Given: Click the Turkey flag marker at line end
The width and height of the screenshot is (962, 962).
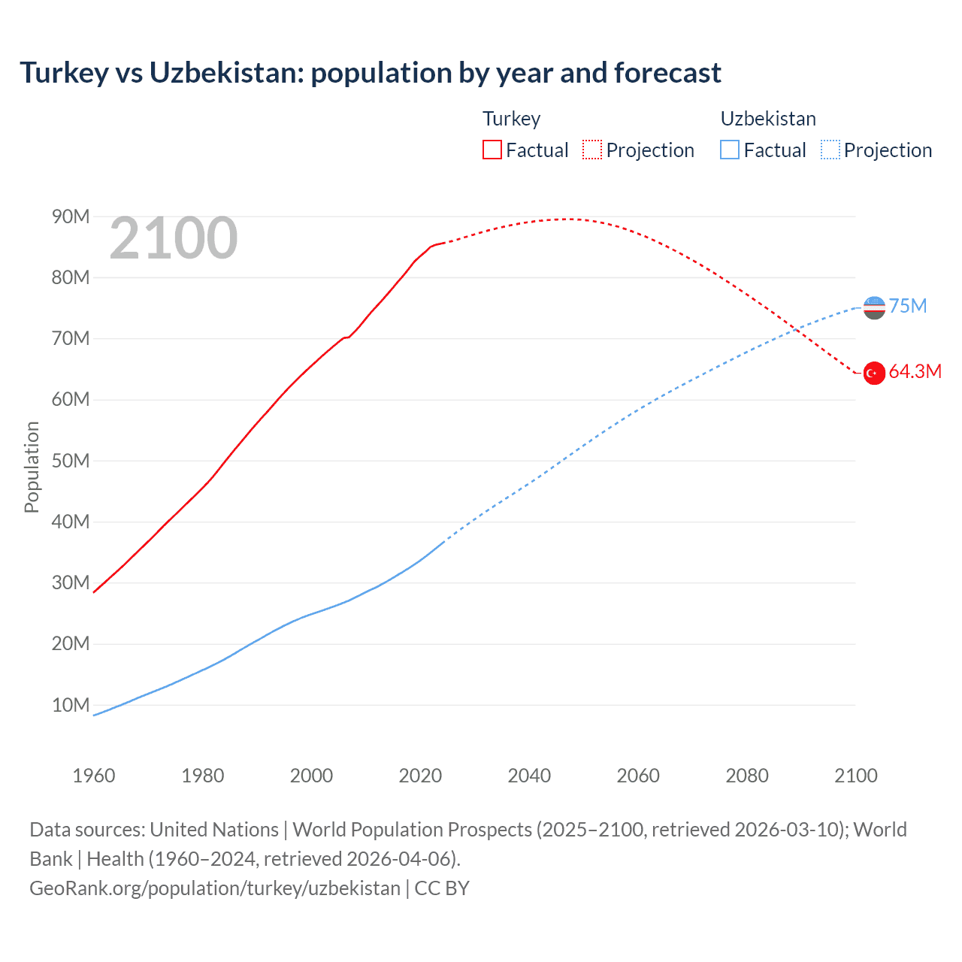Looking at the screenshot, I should tap(874, 373).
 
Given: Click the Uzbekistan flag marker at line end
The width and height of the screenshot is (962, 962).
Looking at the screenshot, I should tap(874, 307).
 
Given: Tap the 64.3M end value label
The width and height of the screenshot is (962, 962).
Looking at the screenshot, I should tap(915, 372).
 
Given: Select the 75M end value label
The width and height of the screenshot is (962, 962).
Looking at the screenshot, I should tap(908, 307).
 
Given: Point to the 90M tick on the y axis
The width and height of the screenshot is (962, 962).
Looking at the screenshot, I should tap(71, 217).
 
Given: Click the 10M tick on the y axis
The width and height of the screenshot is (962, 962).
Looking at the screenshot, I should tap(71, 706).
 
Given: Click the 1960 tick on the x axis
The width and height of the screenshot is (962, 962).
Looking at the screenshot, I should tap(94, 776).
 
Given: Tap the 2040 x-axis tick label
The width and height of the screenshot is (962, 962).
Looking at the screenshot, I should tap(529, 776).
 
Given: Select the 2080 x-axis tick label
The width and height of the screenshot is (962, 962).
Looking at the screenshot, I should tap(747, 776).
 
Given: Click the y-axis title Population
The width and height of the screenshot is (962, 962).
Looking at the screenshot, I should tap(32, 467).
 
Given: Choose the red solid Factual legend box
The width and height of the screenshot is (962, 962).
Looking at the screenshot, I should tap(492, 150).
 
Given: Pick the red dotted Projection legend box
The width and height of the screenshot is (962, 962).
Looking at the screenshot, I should tap(592, 150).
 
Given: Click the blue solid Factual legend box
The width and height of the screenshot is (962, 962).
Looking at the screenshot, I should tap(730, 150).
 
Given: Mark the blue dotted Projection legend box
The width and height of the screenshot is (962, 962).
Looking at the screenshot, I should tap(830, 150).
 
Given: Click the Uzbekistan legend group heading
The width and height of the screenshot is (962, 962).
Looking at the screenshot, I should tap(768, 119).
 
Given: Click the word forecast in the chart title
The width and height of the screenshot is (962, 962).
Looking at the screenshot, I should tap(667, 73).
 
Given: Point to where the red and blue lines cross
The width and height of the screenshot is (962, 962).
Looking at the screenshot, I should tap(793, 329).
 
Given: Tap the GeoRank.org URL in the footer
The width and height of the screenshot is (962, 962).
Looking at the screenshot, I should tap(215, 888).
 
